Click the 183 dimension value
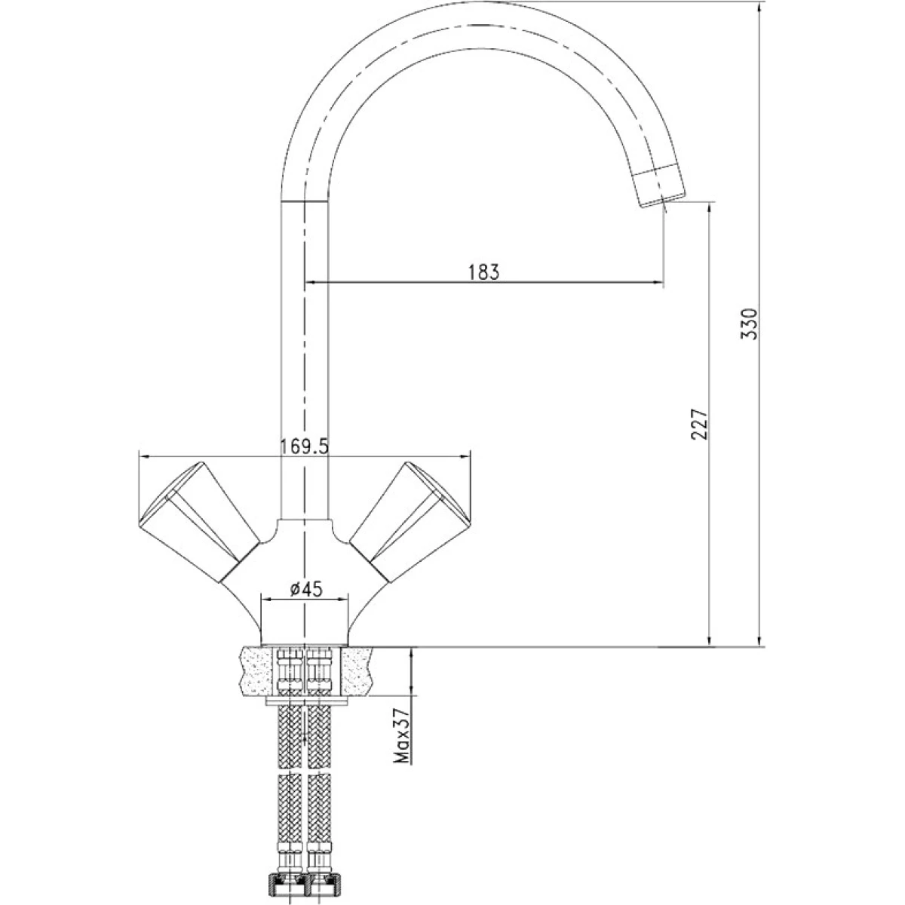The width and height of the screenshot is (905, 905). coord(483,272)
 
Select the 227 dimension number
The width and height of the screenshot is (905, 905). coord(699,424)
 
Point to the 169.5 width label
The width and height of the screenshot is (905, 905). coord(305,446)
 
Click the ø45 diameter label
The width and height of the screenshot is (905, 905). coord(305,589)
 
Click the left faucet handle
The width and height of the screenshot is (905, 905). coord(199,522)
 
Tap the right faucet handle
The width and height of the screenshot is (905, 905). coord(410,522)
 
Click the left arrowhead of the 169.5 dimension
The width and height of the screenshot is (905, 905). coord(144,455)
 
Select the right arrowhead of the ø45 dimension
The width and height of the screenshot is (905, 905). coord(344,600)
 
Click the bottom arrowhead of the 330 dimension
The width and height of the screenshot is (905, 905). coord(760,640)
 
